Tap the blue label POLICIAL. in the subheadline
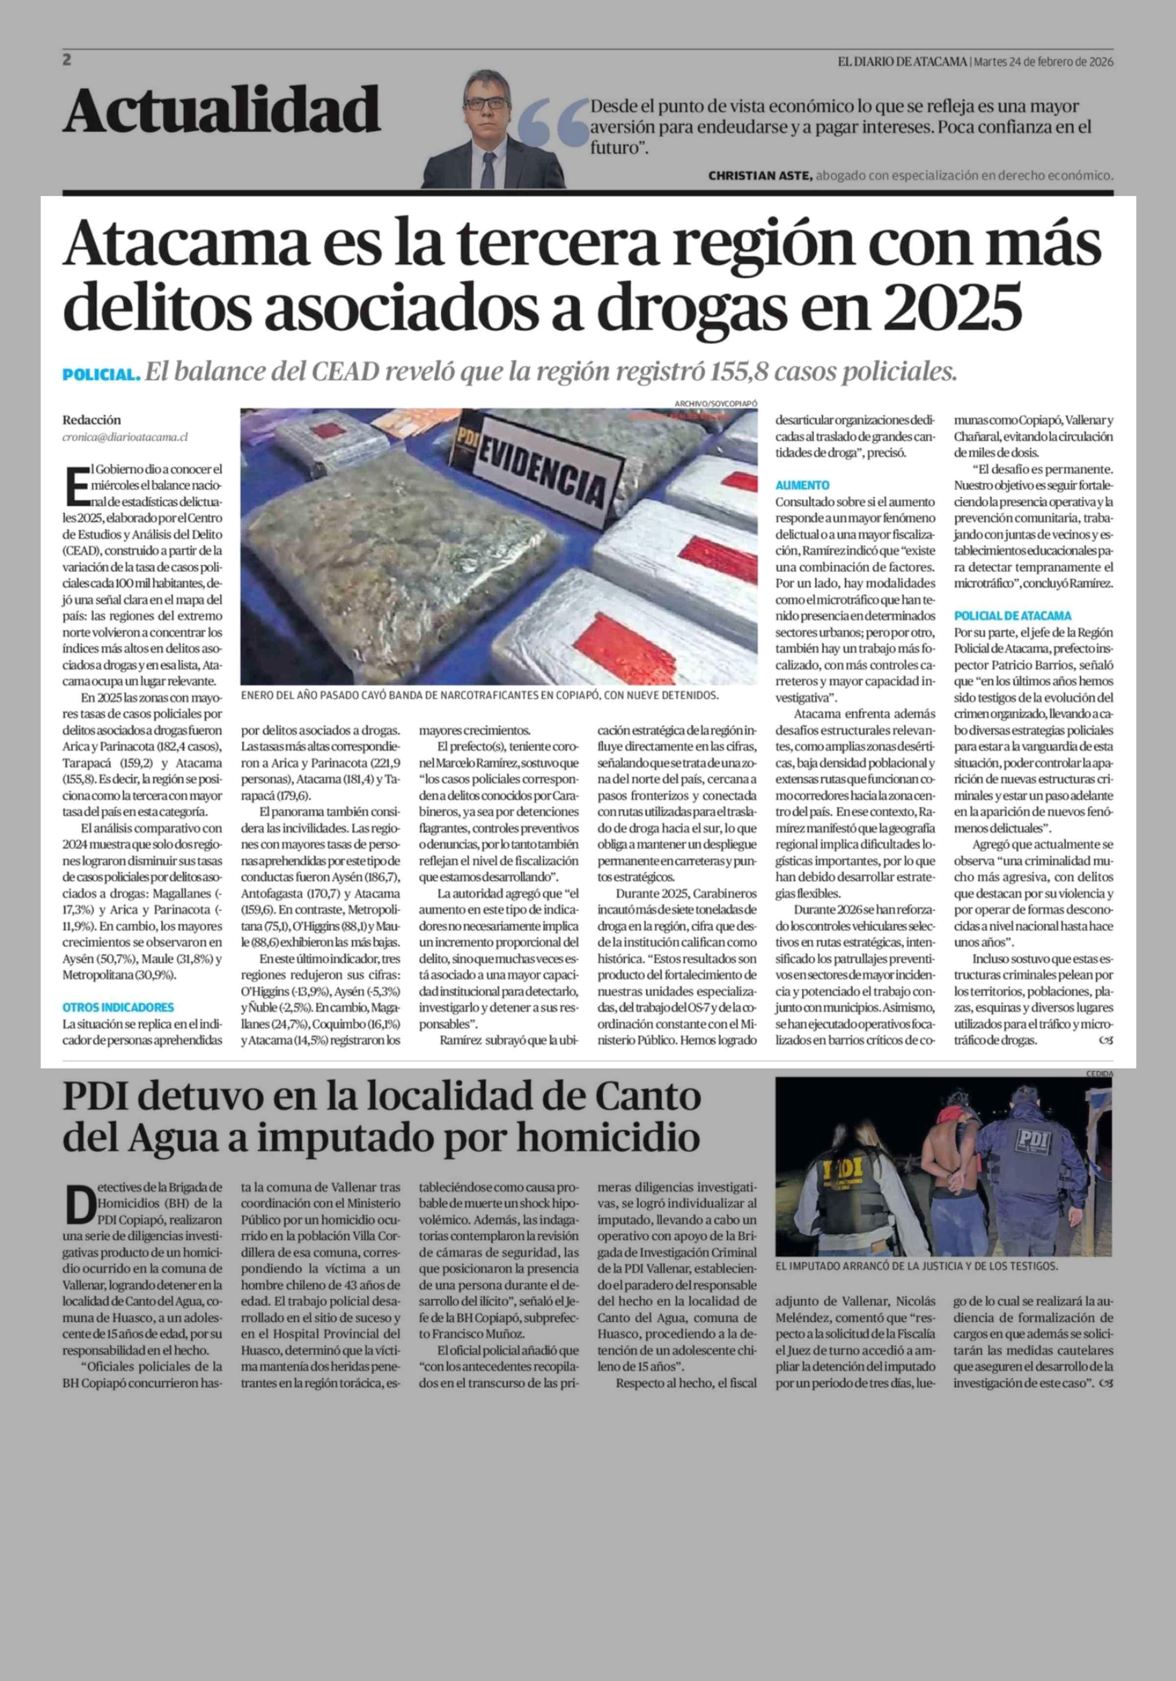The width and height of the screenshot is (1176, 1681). (x=101, y=375)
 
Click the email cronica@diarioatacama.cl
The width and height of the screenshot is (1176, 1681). (x=125, y=437)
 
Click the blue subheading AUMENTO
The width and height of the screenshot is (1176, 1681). (x=802, y=485)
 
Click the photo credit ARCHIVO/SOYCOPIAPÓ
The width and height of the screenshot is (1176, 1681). (x=716, y=403)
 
